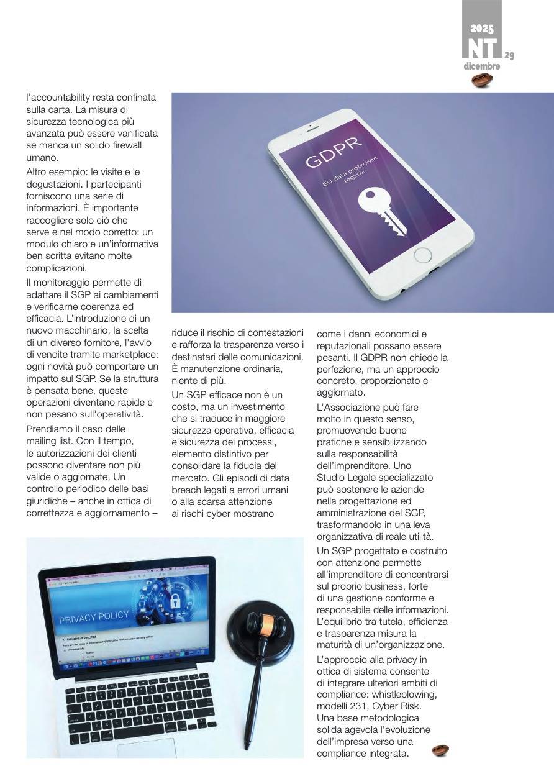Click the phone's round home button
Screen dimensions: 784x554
pyautogui.click(x=422, y=255)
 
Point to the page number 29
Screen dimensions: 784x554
pyautogui.click(x=509, y=57)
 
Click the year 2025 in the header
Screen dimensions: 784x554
pyautogui.click(x=481, y=29)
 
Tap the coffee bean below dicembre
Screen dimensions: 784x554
pyautogui.click(x=482, y=80)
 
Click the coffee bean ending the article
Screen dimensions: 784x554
pyautogui.click(x=440, y=750)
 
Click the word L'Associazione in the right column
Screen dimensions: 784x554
pyautogui.click(x=350, y=408)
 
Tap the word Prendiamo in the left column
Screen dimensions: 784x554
pyautogui.click(x=50, y=429)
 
